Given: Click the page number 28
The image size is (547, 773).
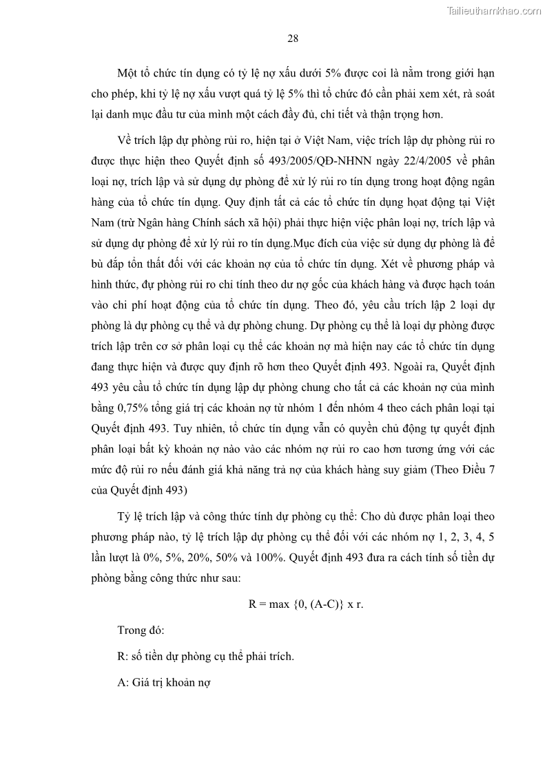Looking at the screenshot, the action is click(292, 39).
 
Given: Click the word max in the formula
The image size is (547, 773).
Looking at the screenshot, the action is click(278, 605).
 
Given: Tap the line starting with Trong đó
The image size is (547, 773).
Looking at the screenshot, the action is click(140, 630).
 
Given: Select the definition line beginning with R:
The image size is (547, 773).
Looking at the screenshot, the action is click(206, 656).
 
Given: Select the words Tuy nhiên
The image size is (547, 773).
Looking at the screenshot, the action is click(196, 429).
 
